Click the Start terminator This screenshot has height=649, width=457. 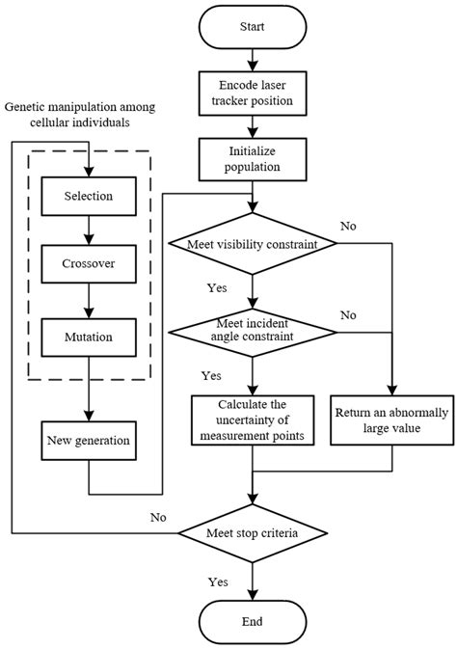pos(252,28)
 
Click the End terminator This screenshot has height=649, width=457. pos(252,621)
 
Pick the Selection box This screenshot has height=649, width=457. pos(89,196)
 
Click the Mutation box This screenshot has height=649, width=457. pos(89,337)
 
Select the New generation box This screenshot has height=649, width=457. pos(89,441)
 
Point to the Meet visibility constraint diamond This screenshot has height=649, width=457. pos(252,242)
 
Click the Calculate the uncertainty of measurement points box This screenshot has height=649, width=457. pos(252,419)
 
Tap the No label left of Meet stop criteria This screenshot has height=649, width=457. pos(157,518)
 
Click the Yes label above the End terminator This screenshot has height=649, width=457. pos(219,581)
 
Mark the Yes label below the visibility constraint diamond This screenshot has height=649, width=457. pos(217,287)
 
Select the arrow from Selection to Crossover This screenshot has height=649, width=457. pos(89,230)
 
